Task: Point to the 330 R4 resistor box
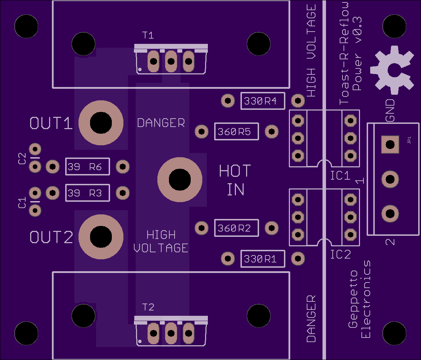263,101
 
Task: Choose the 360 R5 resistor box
237,132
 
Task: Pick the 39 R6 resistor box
88,167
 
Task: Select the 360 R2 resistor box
237,228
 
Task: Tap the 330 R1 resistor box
263,259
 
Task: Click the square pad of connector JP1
390,145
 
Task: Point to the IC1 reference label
340,175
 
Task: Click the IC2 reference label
340,254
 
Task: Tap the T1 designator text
148,35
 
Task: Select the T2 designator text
148,307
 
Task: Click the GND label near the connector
390,110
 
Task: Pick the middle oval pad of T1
171,61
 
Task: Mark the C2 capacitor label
22,159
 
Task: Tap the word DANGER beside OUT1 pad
161,123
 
